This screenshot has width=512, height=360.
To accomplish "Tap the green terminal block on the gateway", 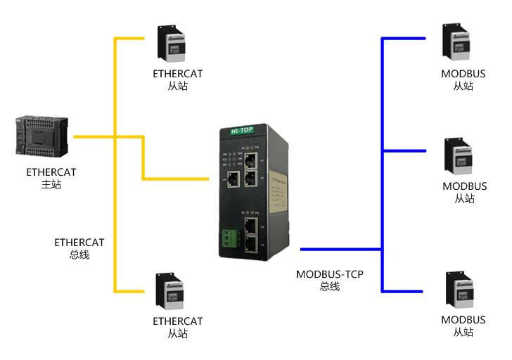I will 228,239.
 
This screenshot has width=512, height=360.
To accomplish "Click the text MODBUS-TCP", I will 330,274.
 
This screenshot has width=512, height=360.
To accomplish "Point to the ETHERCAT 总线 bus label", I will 79,248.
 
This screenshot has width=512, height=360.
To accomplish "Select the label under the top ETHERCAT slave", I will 177,79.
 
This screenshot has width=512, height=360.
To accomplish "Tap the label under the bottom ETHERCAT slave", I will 177,327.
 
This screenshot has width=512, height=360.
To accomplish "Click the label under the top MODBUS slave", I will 463,79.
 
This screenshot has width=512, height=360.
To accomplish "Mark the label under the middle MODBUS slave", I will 464,192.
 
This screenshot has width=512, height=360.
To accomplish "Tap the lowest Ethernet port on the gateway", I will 250,244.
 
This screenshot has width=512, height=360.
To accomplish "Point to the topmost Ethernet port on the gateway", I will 250,158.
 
